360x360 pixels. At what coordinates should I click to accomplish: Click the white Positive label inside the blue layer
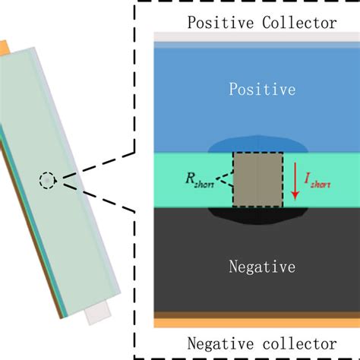(x=262, y=90)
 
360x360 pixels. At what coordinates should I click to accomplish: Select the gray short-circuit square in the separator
(x=258, y=180)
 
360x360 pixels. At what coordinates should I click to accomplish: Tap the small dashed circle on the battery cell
(x=47, y=180)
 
